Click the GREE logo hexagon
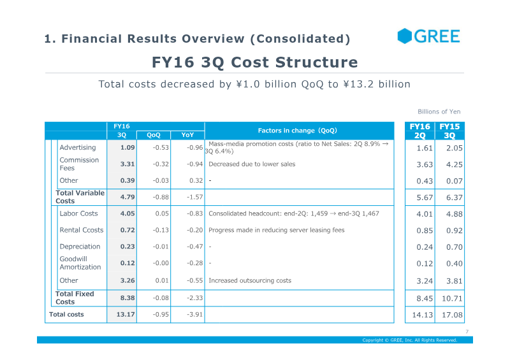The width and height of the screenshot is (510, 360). pos(405,36)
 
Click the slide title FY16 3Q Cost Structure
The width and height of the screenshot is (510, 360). pos(254,62)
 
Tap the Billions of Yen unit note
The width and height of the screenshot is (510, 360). pos(439,112)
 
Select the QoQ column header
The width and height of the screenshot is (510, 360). pos(154,135)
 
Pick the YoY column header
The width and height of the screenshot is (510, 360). pos(187,135)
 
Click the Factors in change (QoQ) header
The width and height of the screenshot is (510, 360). pos(297,131)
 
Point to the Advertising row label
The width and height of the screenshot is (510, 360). pos(78,147)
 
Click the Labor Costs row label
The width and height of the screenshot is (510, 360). pos(78,213)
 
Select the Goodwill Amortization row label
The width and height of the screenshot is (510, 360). pos(80,263)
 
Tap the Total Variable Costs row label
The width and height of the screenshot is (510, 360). pos(80,197)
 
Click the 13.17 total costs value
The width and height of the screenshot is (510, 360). pos(126,315)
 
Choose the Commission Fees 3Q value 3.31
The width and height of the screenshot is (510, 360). pos(127,164)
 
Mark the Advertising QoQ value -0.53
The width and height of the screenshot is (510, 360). pos(161,147)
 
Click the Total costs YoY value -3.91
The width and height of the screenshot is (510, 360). pos(195,315)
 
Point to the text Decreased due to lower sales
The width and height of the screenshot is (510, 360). pos(252,164)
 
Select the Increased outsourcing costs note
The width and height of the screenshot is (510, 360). pos(250,280)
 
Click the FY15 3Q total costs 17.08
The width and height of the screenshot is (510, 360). pos(452,315)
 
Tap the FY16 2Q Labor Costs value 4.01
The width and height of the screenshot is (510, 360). pos(425,214)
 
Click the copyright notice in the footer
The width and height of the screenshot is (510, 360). pos(410,340)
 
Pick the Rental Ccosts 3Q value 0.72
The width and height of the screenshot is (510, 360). pos(127,230)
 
